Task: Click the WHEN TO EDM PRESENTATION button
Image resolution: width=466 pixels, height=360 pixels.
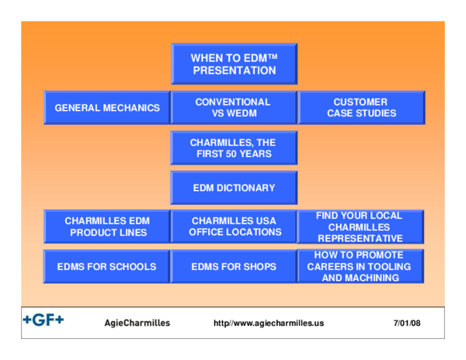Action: [x=234, y=64]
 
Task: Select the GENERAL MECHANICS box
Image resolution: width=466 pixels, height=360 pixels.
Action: [x=107, y=108]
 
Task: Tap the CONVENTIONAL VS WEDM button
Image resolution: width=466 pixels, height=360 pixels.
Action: [x=233, y=108]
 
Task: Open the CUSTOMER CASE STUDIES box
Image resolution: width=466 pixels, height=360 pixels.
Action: [x=361, y=108]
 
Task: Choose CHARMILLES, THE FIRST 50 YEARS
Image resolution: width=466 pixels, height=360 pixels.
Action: [x=234, y=148]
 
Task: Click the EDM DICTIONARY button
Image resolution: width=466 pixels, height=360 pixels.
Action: [x=234, y=188]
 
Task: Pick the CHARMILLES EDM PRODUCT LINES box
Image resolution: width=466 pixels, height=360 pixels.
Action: [x=107, y=227]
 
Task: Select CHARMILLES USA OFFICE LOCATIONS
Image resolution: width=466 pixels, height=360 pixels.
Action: [x=234, y=227]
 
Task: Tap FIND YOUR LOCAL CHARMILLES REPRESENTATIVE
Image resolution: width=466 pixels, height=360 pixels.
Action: [x=360, y=227]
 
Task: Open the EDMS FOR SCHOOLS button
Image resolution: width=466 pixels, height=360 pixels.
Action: [x=107, y=267]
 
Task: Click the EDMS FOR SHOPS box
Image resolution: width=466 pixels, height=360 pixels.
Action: [x=234, y=267]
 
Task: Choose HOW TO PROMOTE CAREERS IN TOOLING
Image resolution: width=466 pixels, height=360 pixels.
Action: [x=360, y=266]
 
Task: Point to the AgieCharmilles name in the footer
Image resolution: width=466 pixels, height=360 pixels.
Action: [x=137, y=323]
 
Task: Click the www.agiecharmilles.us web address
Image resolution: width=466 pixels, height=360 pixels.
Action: [x=269, y=323]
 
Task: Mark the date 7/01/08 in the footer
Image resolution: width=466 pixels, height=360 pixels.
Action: [x=407, y=323]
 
